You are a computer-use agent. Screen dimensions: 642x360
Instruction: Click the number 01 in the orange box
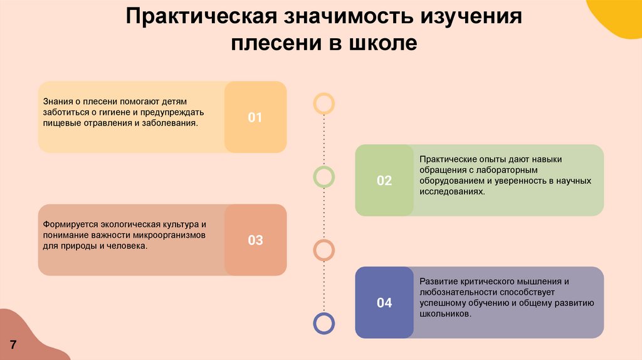point(255,117)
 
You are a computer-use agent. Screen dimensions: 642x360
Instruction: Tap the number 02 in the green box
point(384,181)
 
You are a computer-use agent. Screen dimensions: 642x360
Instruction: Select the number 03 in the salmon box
point(255,240)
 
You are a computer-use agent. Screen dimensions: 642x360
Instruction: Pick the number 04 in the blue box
point(384,303)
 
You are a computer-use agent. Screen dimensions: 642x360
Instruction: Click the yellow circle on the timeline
point(324,103)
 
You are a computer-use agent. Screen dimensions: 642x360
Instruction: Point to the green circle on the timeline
point(324,177)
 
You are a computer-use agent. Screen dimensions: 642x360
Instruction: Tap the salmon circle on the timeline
point(324,250)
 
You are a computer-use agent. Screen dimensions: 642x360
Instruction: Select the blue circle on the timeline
point(324,323)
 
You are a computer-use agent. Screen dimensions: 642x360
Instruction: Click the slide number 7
point(13,345)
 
